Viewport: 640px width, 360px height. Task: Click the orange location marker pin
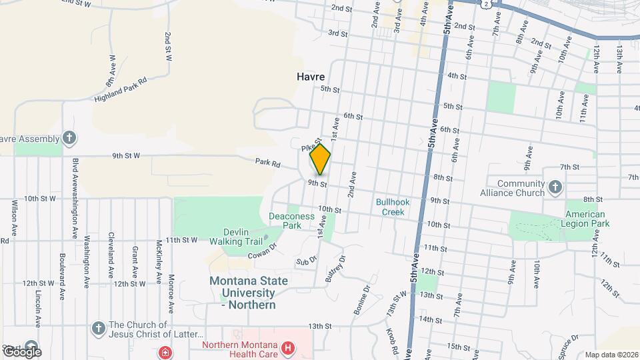click(320, 159)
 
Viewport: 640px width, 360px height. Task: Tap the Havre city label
click(311, 77)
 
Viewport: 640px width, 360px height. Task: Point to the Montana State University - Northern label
click(249, 293)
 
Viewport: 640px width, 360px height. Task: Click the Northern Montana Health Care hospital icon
click(287, 347)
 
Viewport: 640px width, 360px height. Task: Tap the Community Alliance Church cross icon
click(554, 188)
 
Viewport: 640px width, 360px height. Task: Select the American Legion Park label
click(587, 219)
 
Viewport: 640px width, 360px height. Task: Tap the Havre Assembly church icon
click(69, 138)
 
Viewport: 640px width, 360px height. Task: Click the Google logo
click(22, 351)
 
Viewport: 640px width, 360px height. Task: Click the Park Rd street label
click(267, 163)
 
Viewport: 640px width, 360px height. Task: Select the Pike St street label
click(311, 144)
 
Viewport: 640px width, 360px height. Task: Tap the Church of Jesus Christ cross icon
click(98, 328)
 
